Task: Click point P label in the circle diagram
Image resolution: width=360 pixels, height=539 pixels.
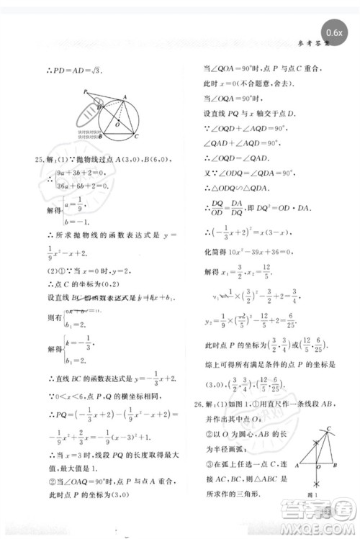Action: pyautogui.click(x=85, y=92)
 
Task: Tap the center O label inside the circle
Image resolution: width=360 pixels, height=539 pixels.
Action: pyautogui.click(x=107, y=124)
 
